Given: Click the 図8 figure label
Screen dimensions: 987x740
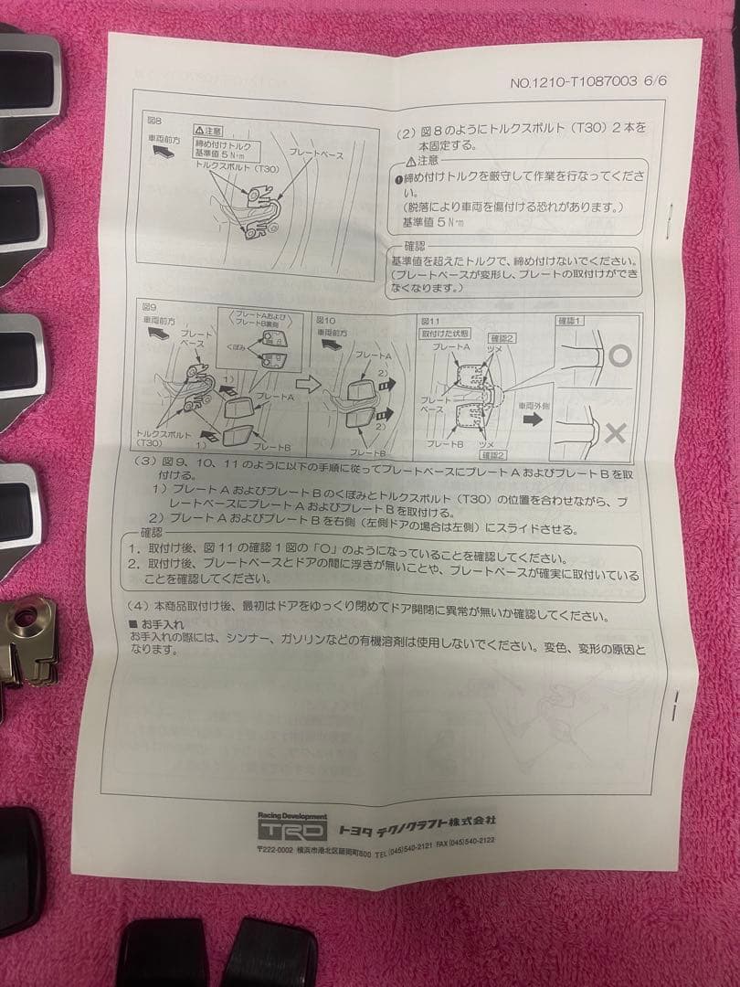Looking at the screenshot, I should coord(153,120).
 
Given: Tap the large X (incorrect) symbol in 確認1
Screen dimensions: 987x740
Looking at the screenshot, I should coord(616,432).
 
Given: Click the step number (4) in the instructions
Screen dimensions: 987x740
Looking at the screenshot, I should coord(141,604).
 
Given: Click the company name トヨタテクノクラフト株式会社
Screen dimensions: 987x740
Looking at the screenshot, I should coord(416,829).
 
